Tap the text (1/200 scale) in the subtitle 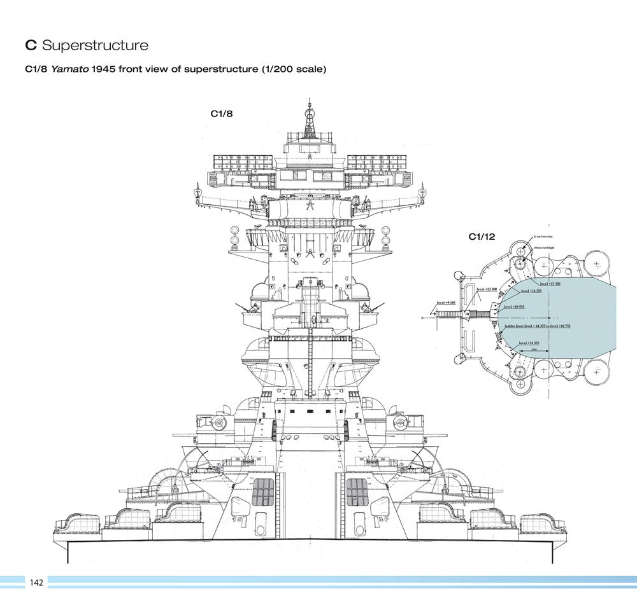(294, 69)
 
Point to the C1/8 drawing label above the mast (222, 114)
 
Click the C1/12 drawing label (482, 237)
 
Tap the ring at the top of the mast (310, 117)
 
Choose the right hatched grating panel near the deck (356, 493)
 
